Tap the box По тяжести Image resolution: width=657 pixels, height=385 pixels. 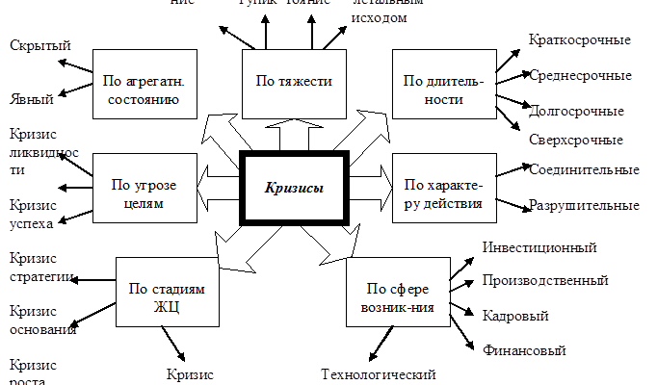click(x=293, y=82)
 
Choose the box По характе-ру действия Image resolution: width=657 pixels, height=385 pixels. click(x=438, y=193)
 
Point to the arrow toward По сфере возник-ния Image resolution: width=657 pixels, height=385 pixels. click(x=336, y=244)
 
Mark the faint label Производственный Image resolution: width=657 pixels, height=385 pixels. click(x=544, y=281)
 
